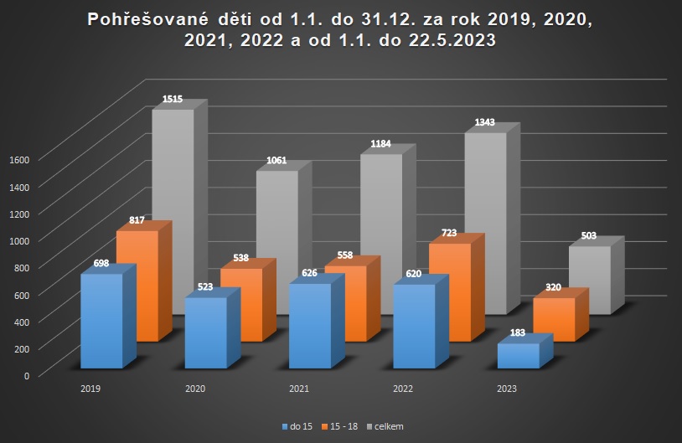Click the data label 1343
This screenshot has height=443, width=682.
coord(484,122)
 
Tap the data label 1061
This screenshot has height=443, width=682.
coord(276,161)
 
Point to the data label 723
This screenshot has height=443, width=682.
coord(449,233)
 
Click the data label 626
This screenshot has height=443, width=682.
coord(310,273)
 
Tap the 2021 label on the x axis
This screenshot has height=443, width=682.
coord(298,389)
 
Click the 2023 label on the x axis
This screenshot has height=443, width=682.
coord(506,389)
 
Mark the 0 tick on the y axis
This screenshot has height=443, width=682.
coord(26,375)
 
